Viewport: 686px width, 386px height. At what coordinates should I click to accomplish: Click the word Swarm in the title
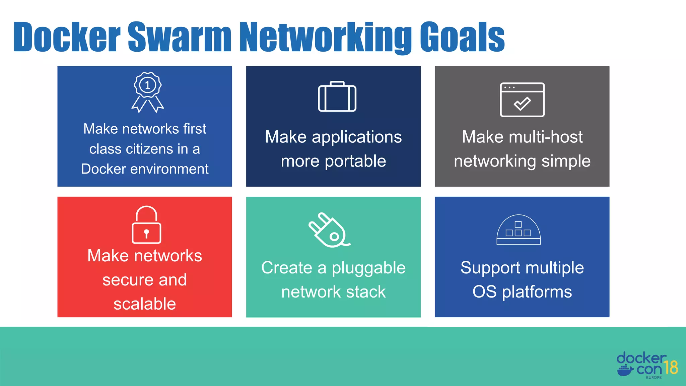click(180, 37)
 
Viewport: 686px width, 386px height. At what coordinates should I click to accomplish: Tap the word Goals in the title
click(462, 37)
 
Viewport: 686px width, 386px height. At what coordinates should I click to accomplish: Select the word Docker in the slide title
click(67, 37)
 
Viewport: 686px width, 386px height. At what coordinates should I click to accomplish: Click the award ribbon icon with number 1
click(147, 92)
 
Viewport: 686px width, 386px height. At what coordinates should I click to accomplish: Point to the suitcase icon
click(337, 97)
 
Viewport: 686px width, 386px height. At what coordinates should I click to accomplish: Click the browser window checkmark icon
click(522, 100)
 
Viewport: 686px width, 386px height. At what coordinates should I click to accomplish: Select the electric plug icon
click(329, 230)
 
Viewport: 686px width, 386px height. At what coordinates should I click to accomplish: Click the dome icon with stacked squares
click(519, 230)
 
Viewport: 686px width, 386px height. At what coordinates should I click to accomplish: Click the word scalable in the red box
click(145, 304)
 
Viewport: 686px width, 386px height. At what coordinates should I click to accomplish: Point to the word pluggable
click(368, 268)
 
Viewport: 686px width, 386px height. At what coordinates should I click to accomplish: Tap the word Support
click(490, 268)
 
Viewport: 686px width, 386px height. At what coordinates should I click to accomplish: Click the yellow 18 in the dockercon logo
click(671, 368)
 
